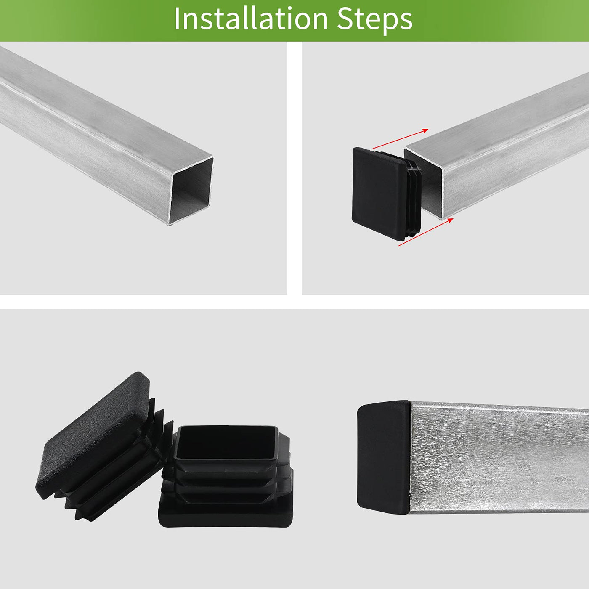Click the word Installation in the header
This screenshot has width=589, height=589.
(251, 19)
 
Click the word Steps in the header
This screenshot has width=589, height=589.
(375, 20)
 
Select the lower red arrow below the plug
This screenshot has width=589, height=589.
(426, 232)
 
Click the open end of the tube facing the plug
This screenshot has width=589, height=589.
(423, 183)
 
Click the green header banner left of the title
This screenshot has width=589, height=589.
(85, 21)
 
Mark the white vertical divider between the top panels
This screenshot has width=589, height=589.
(294, 168)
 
